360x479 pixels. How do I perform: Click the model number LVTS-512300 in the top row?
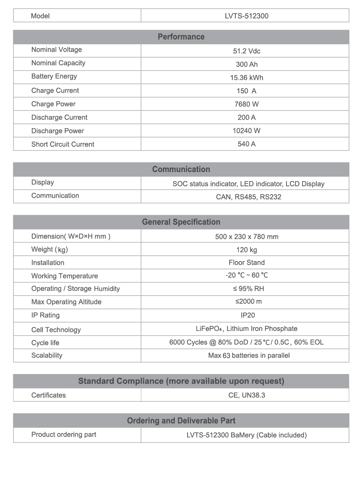click(246, 16)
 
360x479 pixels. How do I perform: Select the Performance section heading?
click(181, 37)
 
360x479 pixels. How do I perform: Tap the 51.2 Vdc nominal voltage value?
click(246, 51)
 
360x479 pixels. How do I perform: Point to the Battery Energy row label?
click(54, 77)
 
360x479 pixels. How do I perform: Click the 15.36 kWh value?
click(246, 78)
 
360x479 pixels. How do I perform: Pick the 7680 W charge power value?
click(246, 104)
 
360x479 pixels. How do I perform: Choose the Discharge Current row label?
click(59, 117)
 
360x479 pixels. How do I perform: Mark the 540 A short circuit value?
click(246, 144)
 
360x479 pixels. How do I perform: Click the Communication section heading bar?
click(181, 169)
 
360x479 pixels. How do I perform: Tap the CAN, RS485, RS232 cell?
click(249, 197)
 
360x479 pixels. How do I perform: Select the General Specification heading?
click(181, 222)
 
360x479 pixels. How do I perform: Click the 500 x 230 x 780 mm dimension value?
click(246, 237)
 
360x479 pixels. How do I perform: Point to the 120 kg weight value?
click(246, 250)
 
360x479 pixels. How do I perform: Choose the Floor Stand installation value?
click(246, 263)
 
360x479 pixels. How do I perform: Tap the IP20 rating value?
click(246, 315)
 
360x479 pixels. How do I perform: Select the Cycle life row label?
click(45, 343)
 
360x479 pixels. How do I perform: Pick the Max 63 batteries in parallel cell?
click(249, 355)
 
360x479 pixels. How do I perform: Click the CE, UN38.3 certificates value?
click(246, 395)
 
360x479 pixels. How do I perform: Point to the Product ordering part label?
click(64, 435)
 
